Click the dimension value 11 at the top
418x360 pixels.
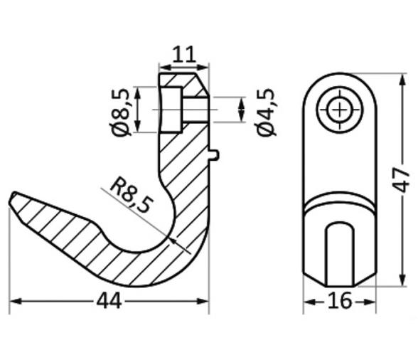point(184,54)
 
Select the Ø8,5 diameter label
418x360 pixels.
point(121,112)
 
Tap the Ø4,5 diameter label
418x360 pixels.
point(265,112)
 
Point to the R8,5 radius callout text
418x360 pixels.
point(131,195)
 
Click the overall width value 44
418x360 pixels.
point(109,301)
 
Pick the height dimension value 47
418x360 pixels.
point(401,179)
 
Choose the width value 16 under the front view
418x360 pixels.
point(340,301)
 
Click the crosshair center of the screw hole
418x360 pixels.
point(340,110)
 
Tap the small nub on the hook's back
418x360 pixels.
point(215,155)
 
